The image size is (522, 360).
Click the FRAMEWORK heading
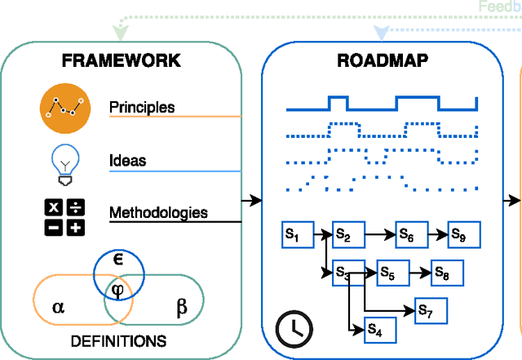click(121, 61)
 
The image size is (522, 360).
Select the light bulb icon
click(63, 161)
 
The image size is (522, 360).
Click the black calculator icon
click(64, 216)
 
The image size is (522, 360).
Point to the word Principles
click(142, 108)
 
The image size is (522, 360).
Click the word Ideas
click(128, 161)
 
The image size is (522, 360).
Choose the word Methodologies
click(158, 213)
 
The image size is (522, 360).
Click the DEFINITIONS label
click(119, 340)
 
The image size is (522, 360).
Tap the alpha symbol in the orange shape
click(58, 307)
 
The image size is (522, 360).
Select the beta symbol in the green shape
click(181, 307)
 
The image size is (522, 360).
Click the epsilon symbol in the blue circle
click(117, 260)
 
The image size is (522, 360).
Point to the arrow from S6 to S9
click(439, 235)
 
